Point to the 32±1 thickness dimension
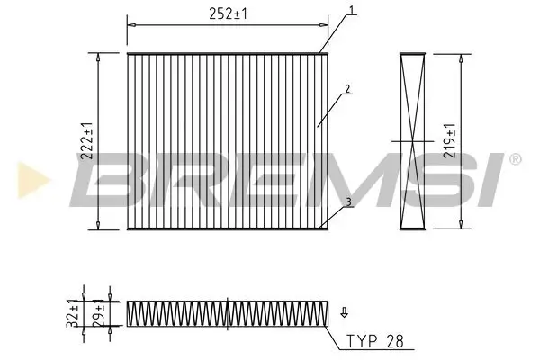[73, 310]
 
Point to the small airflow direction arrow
[344, 313]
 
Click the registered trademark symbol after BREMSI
[514, 159]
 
